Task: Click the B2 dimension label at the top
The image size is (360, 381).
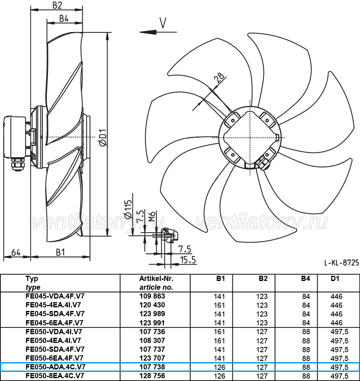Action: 57,5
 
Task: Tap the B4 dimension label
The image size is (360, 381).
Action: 64,18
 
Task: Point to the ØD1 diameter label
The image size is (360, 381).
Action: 103,137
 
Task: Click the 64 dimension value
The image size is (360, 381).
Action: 16,253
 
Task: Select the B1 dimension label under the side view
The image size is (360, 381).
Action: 60,252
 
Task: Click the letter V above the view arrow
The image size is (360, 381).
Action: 163,23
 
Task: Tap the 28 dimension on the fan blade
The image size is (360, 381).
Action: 219,78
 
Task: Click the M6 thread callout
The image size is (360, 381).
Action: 152,217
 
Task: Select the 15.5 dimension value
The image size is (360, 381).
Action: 188,260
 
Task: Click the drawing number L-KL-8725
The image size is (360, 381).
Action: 342,263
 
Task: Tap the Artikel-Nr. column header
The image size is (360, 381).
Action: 156,279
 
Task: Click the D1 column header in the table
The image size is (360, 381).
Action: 335,279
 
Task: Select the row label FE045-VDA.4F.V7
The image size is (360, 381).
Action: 55,296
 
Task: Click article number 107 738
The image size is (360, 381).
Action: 152,367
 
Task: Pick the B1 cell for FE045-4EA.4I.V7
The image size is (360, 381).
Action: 219,305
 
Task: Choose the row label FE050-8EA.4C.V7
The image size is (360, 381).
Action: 55,376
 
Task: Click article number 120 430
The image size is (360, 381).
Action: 152,305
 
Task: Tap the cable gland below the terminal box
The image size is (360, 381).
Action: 18,165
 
